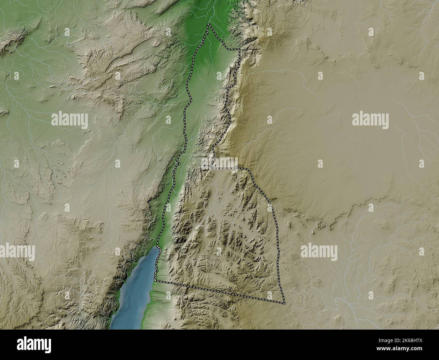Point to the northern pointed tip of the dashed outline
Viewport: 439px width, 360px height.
click(x=209, y=25)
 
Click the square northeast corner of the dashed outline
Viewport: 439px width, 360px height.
click(x=239, y=50)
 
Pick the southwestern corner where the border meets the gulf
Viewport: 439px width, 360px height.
click(x=155, y=280)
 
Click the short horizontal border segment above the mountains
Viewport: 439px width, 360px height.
click(x=230, y=168)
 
